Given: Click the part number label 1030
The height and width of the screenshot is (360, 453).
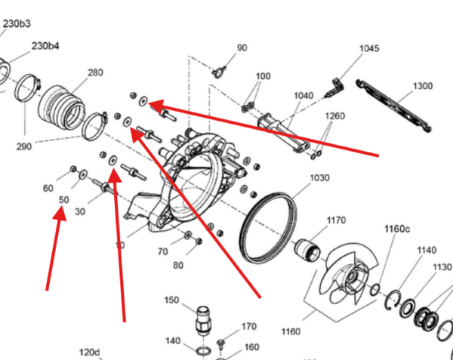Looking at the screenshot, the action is click(x=319, y=178).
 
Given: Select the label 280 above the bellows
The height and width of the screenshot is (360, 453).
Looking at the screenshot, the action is click(x=95, y=72).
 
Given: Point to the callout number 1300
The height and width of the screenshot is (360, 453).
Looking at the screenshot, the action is click(x=423, y=86).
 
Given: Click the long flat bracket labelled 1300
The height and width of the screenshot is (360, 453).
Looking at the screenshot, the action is click(x=393, y=106).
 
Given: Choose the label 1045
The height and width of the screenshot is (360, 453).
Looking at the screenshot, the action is click(x=369, y=48).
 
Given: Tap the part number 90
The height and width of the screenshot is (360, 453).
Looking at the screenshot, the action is click(x=242, y=48).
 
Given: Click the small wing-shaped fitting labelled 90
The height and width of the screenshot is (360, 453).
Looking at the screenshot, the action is click(x=219, y=71).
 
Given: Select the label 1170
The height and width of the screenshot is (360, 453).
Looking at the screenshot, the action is click(x=336, y=220).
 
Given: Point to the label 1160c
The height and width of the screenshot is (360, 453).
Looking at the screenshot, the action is click(x=397, y=229).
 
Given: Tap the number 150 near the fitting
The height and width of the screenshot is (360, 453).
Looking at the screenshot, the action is click(x=171, y=300).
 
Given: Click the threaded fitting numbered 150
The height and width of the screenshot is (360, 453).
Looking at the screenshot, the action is click(x=203, y=321).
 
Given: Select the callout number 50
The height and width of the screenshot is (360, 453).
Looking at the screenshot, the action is click(x=64, y=200).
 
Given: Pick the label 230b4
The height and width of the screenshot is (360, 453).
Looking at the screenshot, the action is click(x=45, y=46).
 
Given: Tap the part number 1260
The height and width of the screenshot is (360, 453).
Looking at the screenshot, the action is click(x=335, y=116).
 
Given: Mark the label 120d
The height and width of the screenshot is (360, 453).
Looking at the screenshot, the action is click(x=90, y=352).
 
